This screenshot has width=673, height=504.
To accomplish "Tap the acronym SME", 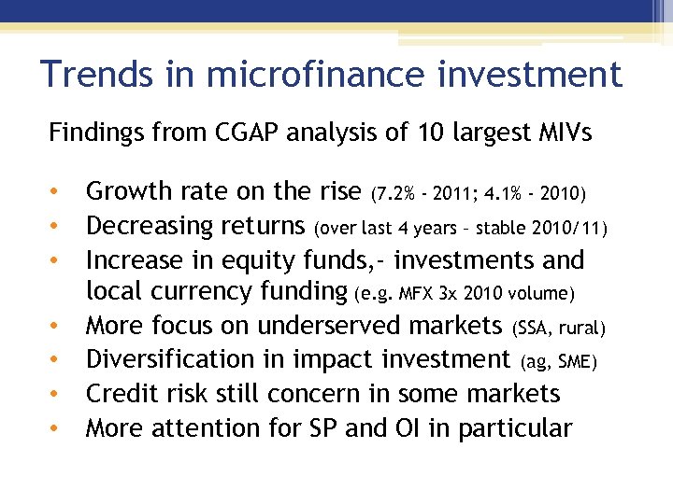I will pos(575,362).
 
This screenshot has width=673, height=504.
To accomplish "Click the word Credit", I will pos(121,393).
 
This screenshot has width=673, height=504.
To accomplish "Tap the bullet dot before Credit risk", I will pos(55,395).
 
